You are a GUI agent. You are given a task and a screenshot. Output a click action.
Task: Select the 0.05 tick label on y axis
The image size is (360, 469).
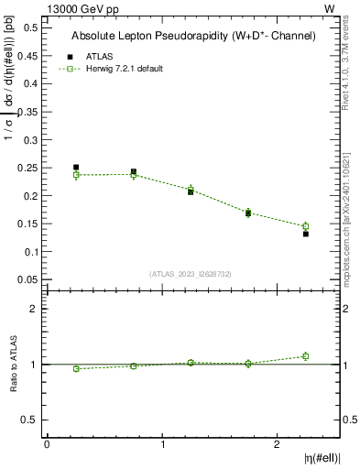[x=27, y=279]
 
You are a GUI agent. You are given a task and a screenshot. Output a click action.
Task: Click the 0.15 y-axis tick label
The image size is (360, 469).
[x=27, y=224]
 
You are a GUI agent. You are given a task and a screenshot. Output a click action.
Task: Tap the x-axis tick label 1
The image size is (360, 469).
[x=162, y=444]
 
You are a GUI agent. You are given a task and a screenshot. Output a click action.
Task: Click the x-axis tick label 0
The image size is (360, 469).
[x=47, y=444]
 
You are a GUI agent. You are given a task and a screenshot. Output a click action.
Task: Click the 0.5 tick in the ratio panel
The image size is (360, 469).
[x=31, y=420]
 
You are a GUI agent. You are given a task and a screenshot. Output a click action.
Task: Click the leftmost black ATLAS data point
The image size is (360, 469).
[x=76, y=168]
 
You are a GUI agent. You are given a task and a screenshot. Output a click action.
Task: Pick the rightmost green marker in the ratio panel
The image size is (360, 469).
[x=306, y=356]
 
